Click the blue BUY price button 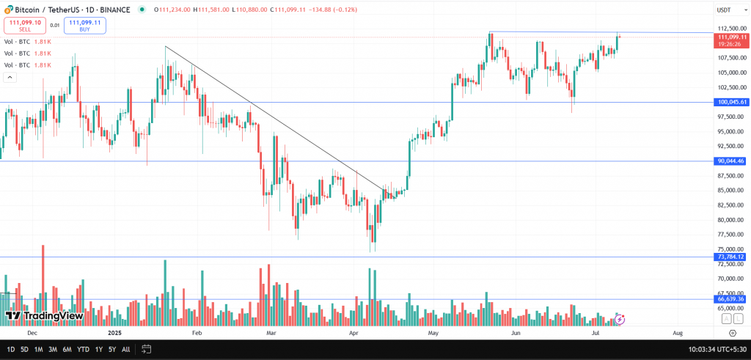[85, 26]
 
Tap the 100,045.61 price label [732, 103]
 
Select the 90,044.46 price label [732, 161]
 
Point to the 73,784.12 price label [732, 257]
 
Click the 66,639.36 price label [732, 299]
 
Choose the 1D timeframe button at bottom [10, 350]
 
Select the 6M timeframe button [67, 350]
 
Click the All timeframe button [125, 350]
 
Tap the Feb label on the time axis [197, 332]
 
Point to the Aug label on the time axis [677, 332]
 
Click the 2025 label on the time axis [114, 332]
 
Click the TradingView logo [44, 316]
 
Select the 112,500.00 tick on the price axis [732, 29]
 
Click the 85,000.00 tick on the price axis [732, 191]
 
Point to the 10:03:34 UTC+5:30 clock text [717, 350]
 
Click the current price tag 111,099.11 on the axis [732, 37]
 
